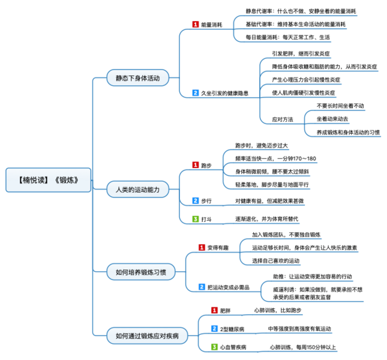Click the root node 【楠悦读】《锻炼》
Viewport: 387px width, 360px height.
point(48,179)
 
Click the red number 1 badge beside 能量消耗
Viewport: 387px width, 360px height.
point(195,25)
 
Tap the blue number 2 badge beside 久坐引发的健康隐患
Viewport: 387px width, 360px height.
point(195,93)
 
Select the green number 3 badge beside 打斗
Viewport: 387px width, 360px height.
point(195,219)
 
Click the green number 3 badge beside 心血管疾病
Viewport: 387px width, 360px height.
point(214,347)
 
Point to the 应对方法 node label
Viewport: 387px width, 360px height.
point(282,119)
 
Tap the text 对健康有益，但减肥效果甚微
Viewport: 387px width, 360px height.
point(273,200)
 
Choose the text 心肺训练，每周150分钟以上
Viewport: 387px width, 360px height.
point(302,347)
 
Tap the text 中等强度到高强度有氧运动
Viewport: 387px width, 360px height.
point(299,329)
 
